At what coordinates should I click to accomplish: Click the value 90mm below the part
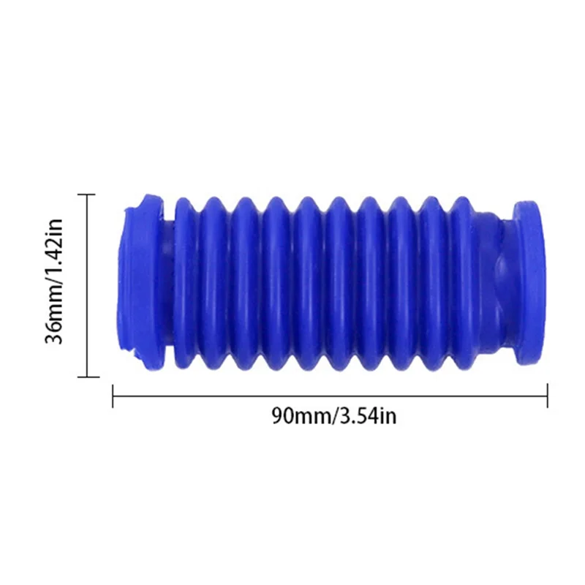click(x=300, y=416)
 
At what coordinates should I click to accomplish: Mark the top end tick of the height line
click(x=88, y=195)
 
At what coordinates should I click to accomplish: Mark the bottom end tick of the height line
click(x=88, y=377)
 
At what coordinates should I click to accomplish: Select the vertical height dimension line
click(x=88, y=285)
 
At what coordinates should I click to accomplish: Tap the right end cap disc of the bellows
click(x=528, y=282)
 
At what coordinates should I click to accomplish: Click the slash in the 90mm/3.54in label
click(x=334, y=416)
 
